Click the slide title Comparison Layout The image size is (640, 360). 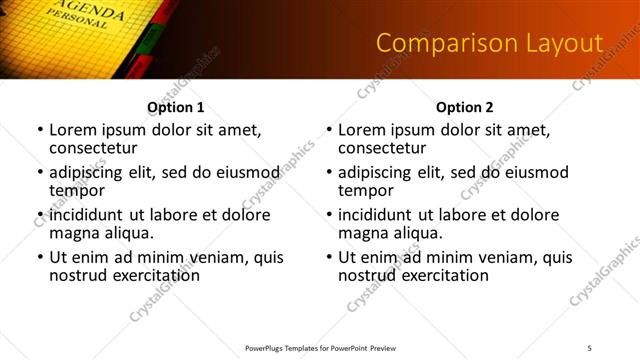click(489, 43)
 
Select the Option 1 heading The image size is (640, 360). click(175, 107)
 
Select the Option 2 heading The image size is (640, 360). click(464, 107)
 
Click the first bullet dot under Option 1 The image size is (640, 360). click(40, 131)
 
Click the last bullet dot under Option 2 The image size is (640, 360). click(329, 257)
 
